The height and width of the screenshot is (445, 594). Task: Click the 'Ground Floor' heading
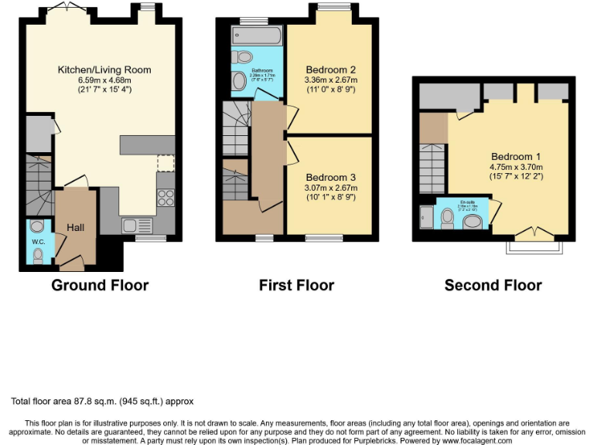[100, 285]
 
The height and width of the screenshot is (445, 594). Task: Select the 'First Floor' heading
[296, 285]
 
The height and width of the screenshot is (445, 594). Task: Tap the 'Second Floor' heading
[493, 285]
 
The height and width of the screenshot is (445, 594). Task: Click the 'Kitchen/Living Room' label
[104, 70]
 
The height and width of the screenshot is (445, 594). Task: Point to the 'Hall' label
[76, 228]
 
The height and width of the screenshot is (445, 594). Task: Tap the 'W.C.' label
[38, 241]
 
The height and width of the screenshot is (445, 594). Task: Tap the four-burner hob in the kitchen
[166, 196]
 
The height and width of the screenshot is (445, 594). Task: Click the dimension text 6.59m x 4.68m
[104, 80]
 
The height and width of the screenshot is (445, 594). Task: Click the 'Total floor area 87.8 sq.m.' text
[70, 402]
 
